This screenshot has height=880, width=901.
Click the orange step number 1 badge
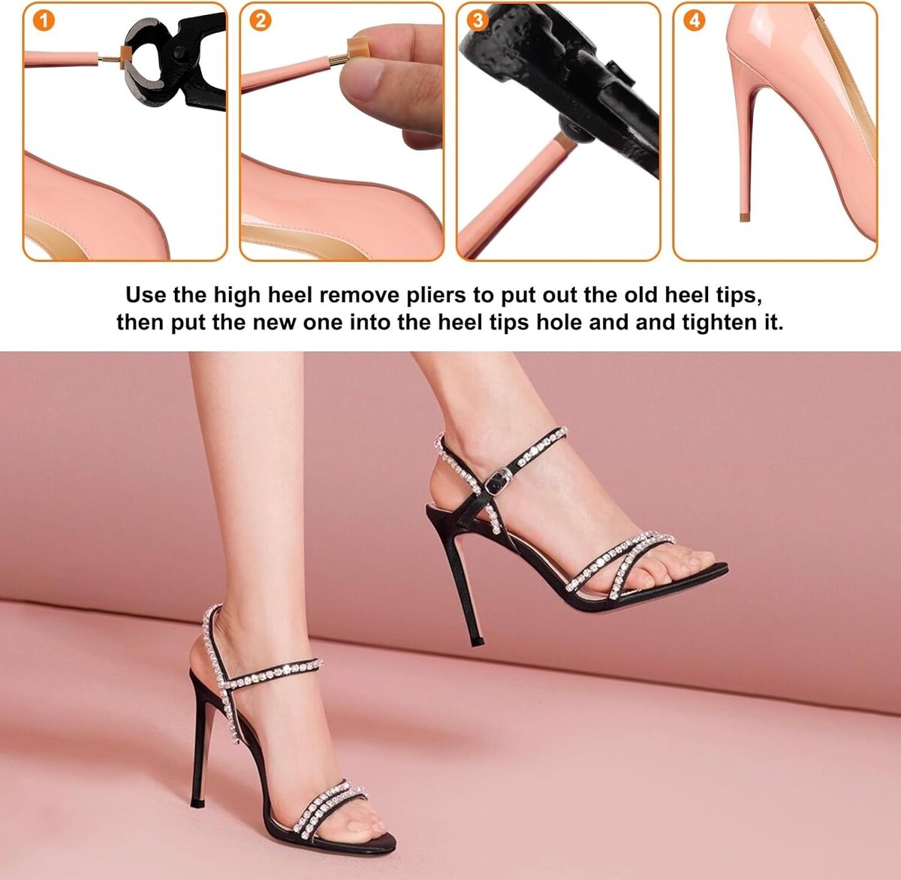[44, 21]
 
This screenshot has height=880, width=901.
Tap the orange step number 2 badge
[261, 21]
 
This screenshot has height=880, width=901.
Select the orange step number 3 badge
[478, 21]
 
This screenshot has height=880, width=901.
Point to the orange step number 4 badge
[694, 21]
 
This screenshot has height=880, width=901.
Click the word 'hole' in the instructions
[560, 322]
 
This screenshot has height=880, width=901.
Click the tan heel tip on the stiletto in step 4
[745, 218]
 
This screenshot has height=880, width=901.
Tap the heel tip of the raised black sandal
[478, 642]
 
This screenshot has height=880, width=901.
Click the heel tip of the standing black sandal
[197, 804]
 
